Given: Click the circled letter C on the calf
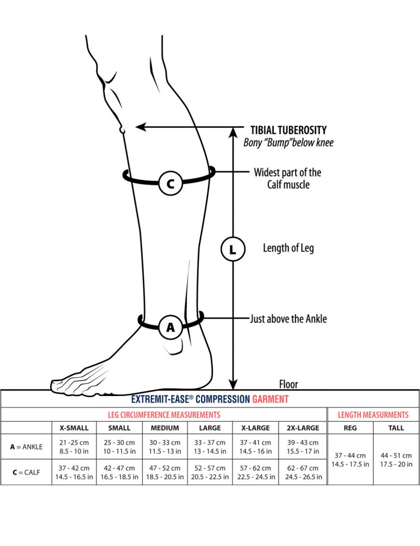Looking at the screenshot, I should click(x=170, y=184).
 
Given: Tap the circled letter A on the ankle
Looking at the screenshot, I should click(x=171, y=327).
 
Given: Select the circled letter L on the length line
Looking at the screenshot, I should click(x=233, y=250).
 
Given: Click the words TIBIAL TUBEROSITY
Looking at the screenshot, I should click(x=288, y=130).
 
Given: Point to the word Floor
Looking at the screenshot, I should click(x=288, y=384).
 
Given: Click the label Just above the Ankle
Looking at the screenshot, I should click(x=288, y=318).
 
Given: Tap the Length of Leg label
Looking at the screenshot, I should click(x=288, y=248).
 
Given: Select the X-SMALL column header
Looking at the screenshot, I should click(x=74, y=427).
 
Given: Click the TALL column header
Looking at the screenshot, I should click(x=396, y=427).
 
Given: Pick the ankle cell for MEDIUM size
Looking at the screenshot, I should click(x=165, y=447).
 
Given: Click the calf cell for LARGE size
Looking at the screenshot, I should click(x=210, y=472).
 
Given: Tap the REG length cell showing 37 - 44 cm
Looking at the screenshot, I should click(x=350, y=459).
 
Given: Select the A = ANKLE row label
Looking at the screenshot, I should click(x=26, y=447).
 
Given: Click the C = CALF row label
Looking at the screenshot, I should click(x=26, y=472).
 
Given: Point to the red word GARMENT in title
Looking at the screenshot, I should click(x=270, y=399).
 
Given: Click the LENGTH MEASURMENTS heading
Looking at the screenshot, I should click(x=373, y=414).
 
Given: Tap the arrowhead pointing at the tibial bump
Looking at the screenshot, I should click(x=140, y=126).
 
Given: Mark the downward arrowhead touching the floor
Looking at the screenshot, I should click(x=234, y=384).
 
